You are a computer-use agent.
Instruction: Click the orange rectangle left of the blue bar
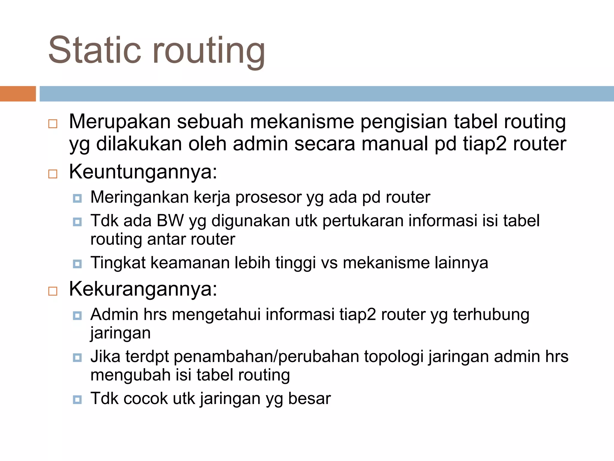point(18,94)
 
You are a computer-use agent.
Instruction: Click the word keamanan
point(189,263)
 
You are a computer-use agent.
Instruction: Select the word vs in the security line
point(329,263)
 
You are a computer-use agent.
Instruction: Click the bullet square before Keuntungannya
point(53,174)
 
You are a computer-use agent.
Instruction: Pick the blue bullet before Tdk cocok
point(77,399)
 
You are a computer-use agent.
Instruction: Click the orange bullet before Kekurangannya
point(53,291)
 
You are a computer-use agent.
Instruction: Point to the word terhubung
point(491,315)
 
